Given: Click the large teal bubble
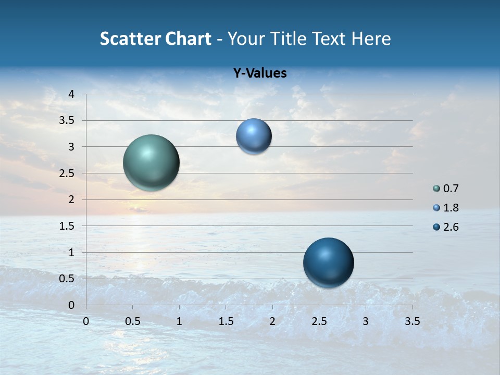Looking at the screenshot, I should (151, 162).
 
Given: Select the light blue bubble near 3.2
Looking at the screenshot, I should (254, 136).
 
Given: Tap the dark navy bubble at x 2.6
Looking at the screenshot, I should (328, 262).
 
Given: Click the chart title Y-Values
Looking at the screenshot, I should (260, 73).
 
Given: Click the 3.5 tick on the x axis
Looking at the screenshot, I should (412, 321).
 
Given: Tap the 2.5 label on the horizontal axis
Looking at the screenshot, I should (319, 321).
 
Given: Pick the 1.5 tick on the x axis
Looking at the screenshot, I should (226, 321).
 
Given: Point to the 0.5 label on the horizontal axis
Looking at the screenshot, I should (132, 321).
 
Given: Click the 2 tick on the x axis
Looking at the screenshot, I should (272, 321).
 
